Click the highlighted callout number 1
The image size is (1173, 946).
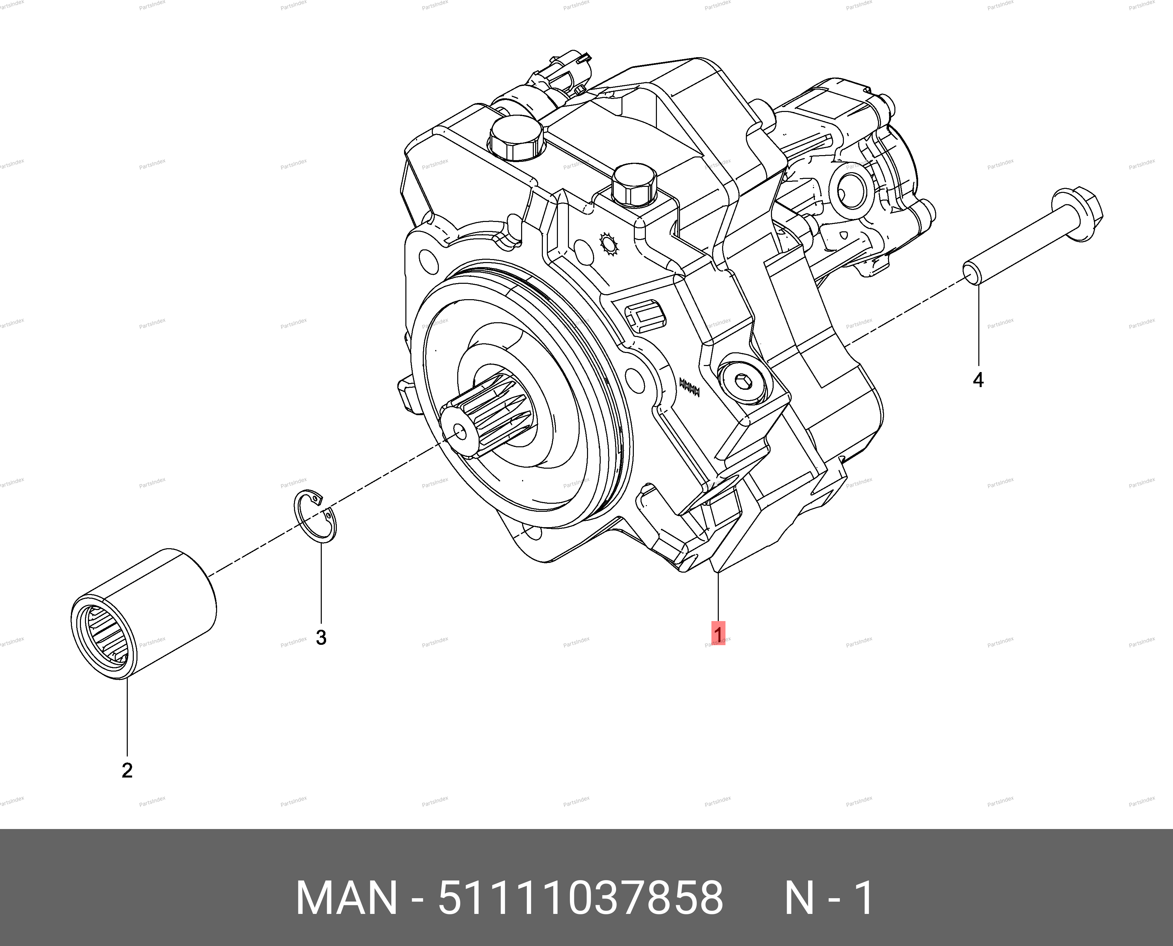point(718,634)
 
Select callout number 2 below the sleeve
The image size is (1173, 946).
point(127,771)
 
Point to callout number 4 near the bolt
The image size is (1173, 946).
point(978,380)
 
